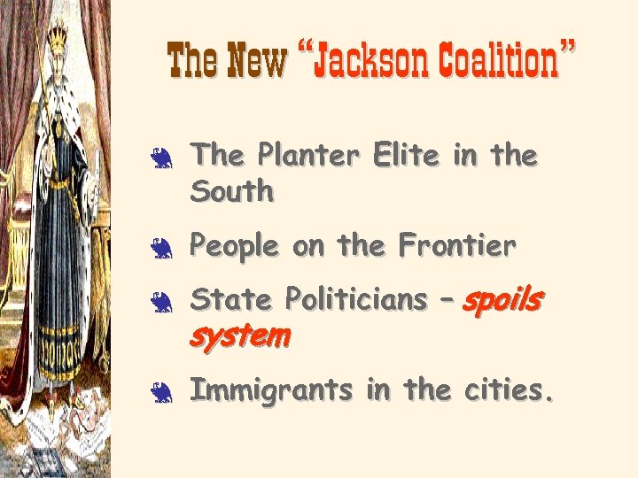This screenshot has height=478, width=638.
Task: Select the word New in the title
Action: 257,60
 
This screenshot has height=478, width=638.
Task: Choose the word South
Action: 233,191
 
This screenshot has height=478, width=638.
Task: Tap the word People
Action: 236,247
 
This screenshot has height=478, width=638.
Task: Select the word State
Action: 231,300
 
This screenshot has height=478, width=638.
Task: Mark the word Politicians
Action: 355,300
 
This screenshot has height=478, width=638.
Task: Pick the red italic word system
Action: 240,335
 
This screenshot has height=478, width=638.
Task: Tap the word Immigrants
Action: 272,390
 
